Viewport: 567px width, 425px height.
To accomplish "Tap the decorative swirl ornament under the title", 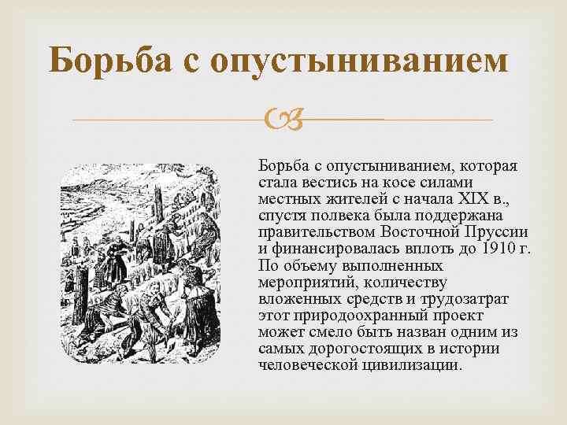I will [282, 120].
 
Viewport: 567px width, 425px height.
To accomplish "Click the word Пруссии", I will [498, 233].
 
